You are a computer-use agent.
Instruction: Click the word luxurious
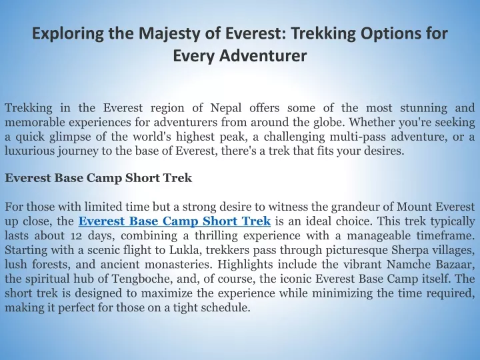click(x=29, y=151)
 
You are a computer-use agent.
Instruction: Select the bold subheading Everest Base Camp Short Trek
click(x=99, y=178)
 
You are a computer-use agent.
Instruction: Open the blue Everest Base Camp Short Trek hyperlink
click(x=175, y=221)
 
